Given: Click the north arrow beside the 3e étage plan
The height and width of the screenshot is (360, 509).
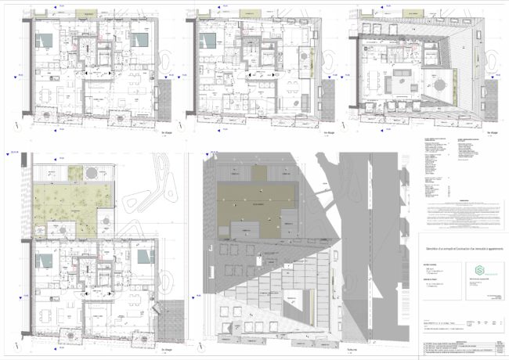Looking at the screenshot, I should click(17, 74).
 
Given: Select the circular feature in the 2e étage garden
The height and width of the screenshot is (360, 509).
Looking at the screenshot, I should click(92, 172).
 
